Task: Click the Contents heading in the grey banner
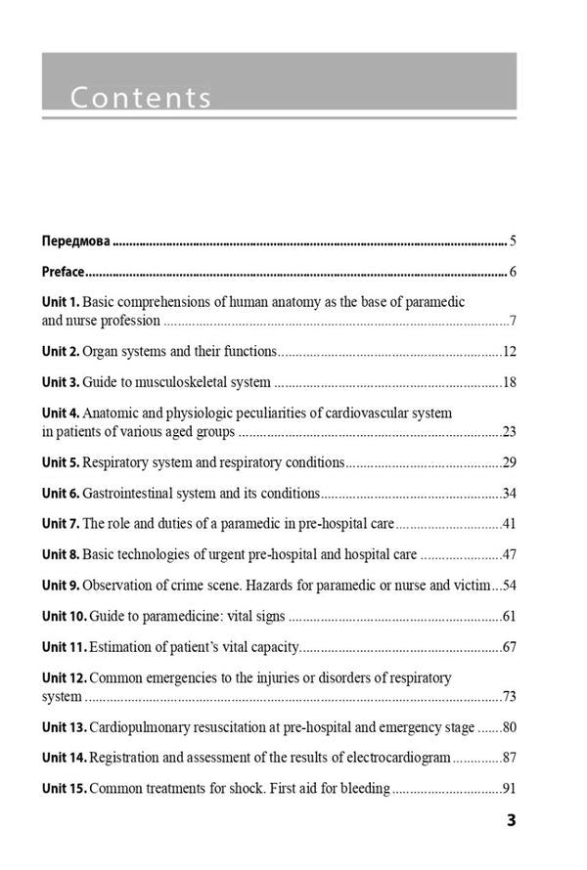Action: click(x=141, y=98)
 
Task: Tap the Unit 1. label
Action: click(x=61, y=303)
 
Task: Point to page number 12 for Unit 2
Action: click(x=509, y=351)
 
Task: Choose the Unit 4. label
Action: click(x=61, y=413)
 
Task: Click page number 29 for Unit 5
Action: click(x=509, y=462)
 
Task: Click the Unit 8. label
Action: click(x=61, y=555)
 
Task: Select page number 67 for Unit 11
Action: click(x=509, y=648)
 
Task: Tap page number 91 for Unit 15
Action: click(x=509, y=789)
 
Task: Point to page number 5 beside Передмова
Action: click(x=513, y=240)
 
